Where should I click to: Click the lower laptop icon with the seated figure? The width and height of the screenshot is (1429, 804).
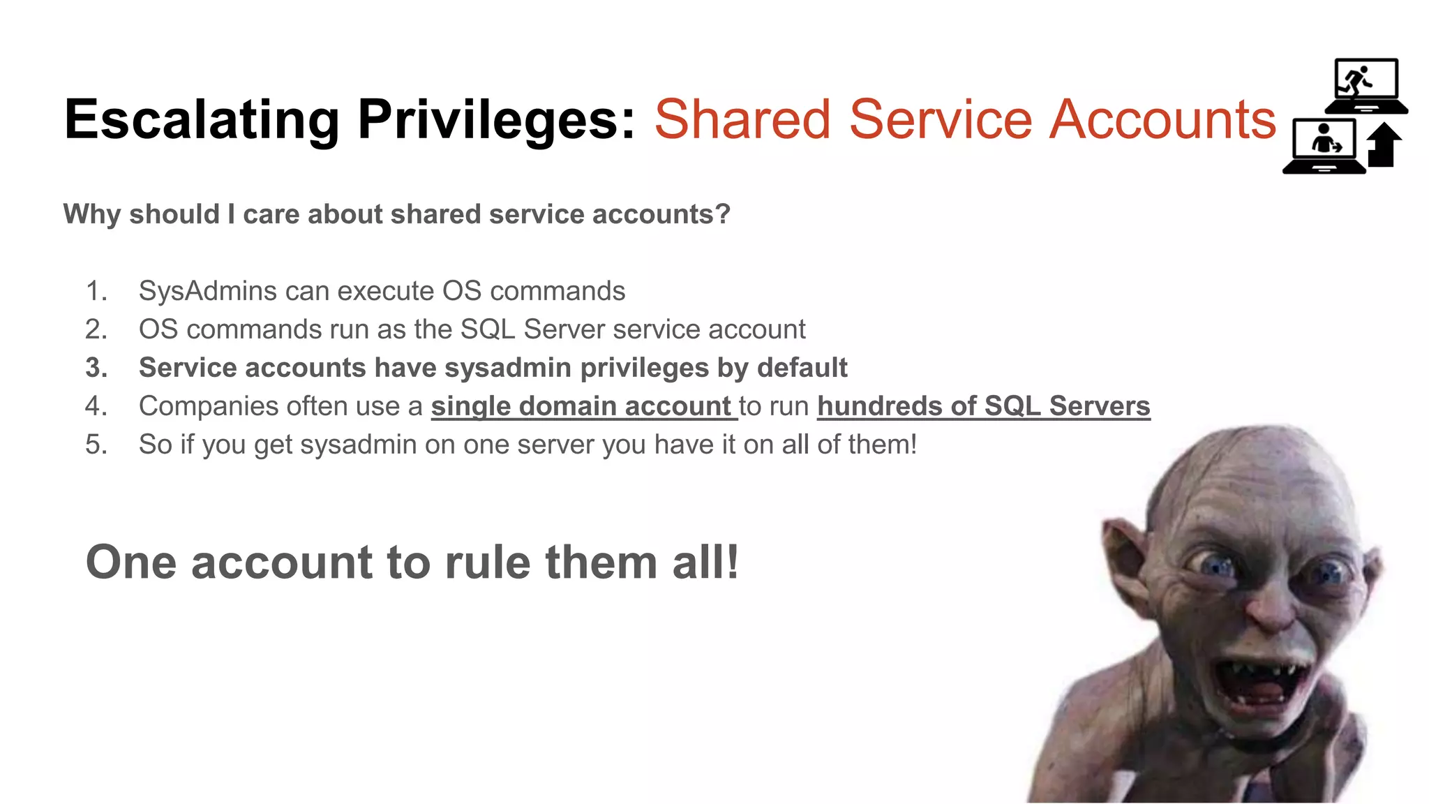[x=1324, y=146]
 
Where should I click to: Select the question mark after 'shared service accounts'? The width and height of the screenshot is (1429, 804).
[x=722, y=214]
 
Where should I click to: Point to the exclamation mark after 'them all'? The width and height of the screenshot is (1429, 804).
[x=732, y=562]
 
